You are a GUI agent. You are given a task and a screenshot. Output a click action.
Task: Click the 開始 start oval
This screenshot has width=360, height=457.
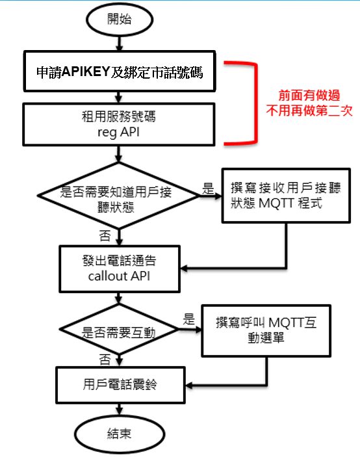tap(120, 20)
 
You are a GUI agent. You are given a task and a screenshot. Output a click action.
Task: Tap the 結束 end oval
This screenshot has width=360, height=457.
tap(120, 434)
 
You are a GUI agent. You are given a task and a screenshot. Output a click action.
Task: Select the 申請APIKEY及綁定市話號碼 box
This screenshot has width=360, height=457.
tap(120, 72)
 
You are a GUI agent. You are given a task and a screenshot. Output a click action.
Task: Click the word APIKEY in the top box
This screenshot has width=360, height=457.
tap(86, 72)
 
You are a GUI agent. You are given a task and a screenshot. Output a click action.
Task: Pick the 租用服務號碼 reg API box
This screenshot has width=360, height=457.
tap(119, 124)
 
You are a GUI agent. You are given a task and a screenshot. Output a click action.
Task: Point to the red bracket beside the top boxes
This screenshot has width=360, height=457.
tap(256, 103)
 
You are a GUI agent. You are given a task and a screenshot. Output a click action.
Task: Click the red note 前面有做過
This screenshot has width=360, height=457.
tap(309, 96)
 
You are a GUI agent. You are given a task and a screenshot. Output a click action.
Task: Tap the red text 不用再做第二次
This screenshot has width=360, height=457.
tap(309, 111)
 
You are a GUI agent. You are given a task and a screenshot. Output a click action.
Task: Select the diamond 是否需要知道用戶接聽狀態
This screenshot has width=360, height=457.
tap(118, 196)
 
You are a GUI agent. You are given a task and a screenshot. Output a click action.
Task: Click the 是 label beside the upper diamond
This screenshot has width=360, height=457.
tap(208, 189)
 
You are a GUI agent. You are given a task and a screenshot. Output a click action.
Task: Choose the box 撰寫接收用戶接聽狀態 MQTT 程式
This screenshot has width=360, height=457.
tap(286, 196)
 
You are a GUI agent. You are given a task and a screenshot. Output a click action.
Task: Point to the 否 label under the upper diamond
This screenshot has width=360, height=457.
tap(105, 235)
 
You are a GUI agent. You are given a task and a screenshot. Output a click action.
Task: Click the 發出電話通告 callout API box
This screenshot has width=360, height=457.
tap(120, 268)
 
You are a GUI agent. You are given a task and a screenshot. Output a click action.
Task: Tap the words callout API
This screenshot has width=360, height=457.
tap(119, 276)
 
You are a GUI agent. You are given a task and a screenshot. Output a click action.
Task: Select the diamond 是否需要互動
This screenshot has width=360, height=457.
tap(119, 330)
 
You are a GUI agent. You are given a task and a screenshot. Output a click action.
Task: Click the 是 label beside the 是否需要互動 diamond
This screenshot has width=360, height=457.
tap(188, 319)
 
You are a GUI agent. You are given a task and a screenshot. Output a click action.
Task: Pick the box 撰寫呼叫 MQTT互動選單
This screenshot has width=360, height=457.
tap(266, 331)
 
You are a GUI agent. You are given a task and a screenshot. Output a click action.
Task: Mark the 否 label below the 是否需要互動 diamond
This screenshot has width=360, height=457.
tap(105, 359)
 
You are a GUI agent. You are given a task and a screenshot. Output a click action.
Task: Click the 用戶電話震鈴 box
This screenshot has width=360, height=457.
tap(121, 385)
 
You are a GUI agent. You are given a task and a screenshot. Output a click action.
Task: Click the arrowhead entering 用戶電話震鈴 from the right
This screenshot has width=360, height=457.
tap(188, 385)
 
